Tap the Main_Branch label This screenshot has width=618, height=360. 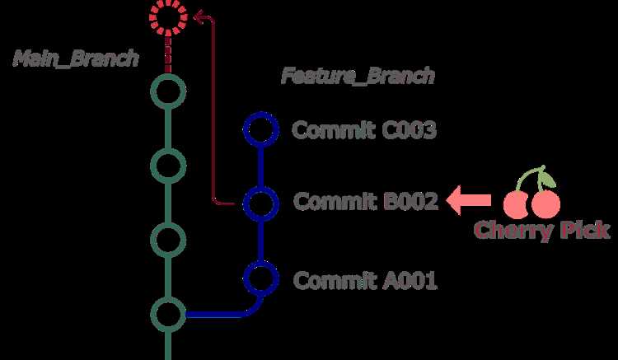(x=76, y=58)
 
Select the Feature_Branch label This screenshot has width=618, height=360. (x=358, y=76)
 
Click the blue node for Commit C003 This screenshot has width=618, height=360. (x=261, y=114)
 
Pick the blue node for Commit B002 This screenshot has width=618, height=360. (x=261, y=188)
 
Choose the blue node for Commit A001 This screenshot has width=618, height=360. (x=261, y=262)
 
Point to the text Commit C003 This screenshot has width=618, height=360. (x=364, y=130)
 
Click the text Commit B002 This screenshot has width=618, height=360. (x=366, y=201)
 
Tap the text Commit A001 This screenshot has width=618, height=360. (x=365, y=280)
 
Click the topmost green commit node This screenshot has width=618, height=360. (x=168, y=75)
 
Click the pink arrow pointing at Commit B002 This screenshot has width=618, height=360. (x=469, y=200)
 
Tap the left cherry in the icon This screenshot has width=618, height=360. (x=515, y=205)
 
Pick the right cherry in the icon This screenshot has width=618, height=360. (x=545, y=204)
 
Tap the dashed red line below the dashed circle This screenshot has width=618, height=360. (x=168, y=54)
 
